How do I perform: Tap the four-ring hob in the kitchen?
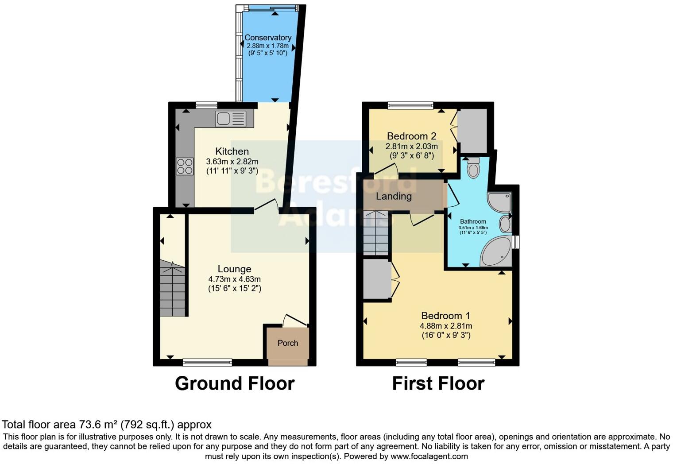pos(185,166)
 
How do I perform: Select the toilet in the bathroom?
pos(473,168)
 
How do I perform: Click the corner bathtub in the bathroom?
pos(496,252)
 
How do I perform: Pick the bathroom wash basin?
pos(505,224)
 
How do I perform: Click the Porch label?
pos(287,343)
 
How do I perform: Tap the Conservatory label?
pos(268,38)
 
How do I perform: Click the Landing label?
pos(394,196)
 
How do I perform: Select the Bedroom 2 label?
pos(411,136)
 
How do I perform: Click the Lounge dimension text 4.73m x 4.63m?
pos(234,279)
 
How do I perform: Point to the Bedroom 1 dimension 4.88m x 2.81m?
pos(446,326)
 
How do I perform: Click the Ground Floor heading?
pos(235,383)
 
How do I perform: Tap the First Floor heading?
pos(438,383)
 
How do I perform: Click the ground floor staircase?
pos(172,289)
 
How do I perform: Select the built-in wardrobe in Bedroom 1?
pos(377,280)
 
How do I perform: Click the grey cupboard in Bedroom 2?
pos(472,131)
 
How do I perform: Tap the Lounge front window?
pos(207,363)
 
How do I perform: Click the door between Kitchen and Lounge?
pos(267,207)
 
